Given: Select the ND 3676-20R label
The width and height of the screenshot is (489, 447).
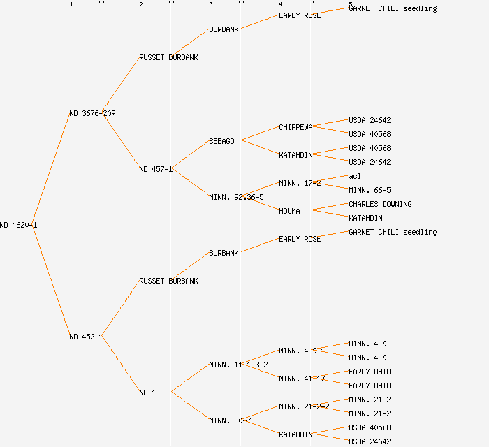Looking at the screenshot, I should (92, 113).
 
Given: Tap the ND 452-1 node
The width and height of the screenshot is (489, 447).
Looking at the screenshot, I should (86, 337).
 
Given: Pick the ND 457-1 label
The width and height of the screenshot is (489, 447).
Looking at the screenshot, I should (156, 169).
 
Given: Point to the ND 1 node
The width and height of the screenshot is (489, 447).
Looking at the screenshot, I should (147, 393).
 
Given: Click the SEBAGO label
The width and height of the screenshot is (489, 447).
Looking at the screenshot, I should (221, 141).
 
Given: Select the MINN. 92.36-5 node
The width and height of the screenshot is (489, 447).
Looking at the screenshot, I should (236, 197).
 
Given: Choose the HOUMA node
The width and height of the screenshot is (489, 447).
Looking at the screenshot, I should (289, 211).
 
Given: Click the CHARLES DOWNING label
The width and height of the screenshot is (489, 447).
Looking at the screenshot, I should (380, 204).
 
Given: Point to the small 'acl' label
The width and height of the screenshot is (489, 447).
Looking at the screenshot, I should (355, 176).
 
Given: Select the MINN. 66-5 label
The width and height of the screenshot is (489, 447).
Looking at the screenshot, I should (370, 190).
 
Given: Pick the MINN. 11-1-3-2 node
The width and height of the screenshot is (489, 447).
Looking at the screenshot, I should (238, 365).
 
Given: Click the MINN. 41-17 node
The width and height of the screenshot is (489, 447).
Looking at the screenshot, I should (302, 379).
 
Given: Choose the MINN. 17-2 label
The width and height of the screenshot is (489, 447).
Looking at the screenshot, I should (300, 183).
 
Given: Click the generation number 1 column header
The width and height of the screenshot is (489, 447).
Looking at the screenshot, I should (71, 5).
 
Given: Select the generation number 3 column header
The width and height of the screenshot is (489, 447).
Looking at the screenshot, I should (211, 5).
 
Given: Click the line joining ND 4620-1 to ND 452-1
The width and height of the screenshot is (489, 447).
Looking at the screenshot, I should (51, 279).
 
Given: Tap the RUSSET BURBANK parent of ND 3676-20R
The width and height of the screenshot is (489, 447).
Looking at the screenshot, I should (168, 57).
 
